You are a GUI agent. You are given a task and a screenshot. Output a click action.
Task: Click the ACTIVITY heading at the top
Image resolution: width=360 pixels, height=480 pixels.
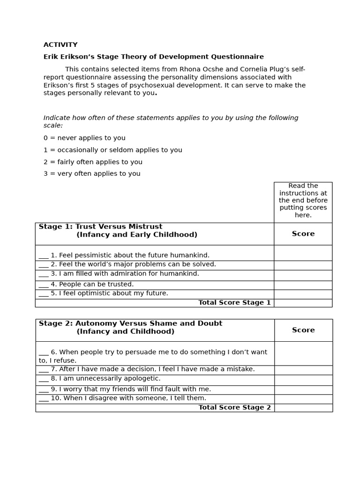click(60, 45)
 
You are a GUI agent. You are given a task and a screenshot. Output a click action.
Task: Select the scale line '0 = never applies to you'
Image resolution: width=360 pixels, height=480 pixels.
click(84, 138)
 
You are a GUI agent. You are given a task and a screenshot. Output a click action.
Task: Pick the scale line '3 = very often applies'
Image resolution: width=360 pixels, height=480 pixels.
click(92, 174)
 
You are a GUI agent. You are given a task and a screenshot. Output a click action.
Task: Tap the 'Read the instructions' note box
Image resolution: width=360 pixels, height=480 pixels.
click(303, 201)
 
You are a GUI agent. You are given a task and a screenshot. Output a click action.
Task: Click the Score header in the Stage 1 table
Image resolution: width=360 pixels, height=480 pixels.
click(303, 234)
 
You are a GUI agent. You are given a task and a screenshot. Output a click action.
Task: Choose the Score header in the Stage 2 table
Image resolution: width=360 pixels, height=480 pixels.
click(303, 330)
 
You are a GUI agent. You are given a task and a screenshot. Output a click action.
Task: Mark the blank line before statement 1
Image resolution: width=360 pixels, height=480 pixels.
click(44, 256)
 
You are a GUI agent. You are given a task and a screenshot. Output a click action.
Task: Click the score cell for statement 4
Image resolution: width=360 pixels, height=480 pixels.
click(303, 285)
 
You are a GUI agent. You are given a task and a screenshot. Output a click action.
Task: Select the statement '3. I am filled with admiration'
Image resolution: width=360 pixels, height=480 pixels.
click(124, 274)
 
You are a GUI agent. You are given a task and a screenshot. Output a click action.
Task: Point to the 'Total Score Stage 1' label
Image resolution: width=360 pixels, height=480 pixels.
click(234, 303)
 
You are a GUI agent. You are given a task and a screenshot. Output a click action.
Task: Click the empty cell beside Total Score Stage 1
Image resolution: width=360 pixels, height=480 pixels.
click(303, 303)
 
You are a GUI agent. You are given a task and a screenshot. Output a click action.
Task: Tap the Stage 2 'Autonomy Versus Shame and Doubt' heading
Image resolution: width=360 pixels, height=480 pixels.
click(130, 323)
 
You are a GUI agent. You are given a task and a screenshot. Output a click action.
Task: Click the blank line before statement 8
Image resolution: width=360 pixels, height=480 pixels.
click(44, 379)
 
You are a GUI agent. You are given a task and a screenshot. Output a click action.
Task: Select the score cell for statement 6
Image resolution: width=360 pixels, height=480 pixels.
click(303, 353)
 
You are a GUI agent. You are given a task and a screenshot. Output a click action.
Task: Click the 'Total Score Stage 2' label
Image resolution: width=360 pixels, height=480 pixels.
click(234, 408)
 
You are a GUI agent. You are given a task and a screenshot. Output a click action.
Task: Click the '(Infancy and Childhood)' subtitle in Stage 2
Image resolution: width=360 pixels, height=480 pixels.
click(125, 332)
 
